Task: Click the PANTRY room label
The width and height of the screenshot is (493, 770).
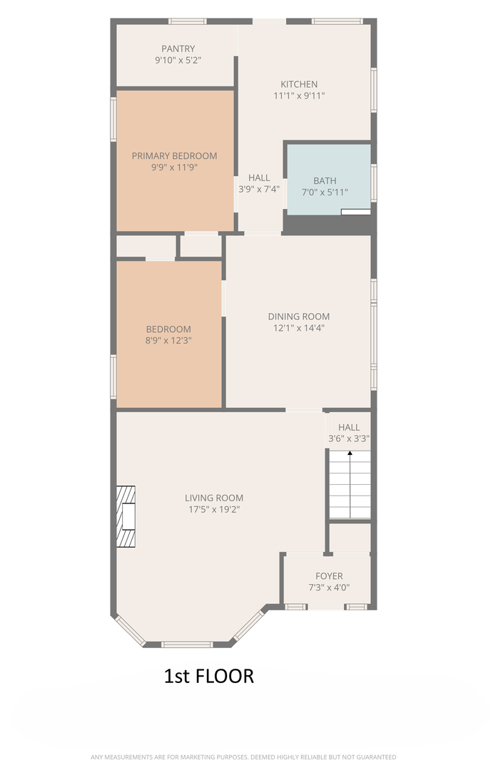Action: [x=178, y=48]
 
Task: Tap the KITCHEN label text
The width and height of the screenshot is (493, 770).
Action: [x=299, y=84]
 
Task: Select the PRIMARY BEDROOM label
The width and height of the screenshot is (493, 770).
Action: [x=175, y=155]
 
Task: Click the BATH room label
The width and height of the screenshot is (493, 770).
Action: [x=325, y=180]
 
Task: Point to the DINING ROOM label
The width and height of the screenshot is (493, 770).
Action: [x=299, y=317]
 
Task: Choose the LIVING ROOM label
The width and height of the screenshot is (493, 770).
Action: [x=214, y=498]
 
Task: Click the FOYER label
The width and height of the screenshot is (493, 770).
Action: [x=330, y=575]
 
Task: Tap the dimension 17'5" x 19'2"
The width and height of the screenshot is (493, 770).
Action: [x=214, y=509]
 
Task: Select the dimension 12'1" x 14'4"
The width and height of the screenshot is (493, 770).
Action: [x=299, y=328]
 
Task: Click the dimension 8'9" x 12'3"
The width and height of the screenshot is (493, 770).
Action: [x=168, y=340]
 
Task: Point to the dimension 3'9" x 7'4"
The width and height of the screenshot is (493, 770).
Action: [x=259, y=189]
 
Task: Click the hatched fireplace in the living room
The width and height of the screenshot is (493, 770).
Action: [x=126, y=517]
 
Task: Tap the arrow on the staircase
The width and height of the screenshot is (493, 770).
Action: [x=350, y=484]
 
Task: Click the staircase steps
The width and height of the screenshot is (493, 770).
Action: [x=350, y=485]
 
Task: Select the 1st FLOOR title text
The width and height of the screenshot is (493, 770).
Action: [x=209, y=676]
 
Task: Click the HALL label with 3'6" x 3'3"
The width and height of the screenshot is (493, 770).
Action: [x=349, y=427]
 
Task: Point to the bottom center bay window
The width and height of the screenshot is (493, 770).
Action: [x=187, y=645]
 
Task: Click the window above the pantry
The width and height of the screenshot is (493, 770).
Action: [x=187, y=21]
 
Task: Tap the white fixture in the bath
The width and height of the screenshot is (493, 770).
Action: [x=356, y=212]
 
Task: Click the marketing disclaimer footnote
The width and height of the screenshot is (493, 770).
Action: [x=243, y=757]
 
